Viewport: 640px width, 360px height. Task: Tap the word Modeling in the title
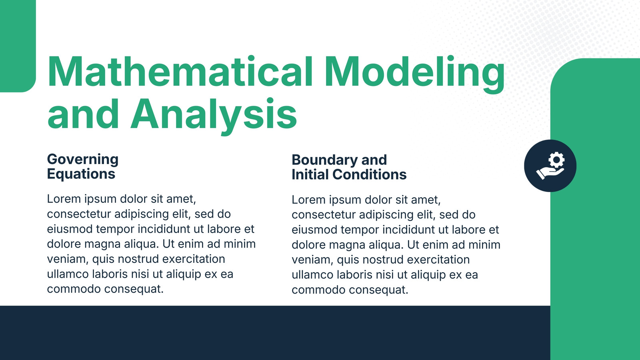coord(414,74)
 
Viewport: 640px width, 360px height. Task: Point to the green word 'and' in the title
coord(83,114)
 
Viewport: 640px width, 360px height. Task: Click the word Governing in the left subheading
coord(82,160)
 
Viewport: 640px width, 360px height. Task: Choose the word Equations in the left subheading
coord(81,174)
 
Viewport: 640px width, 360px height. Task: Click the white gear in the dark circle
coord(556,160)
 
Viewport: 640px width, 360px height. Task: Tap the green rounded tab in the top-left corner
coord(18,46)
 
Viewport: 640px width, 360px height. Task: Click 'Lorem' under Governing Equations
coord(64,199)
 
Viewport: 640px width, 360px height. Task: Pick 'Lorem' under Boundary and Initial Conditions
coord(308,200)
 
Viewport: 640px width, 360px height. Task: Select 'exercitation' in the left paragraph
coord(194,259)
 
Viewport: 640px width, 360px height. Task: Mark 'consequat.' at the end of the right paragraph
coord(378,290)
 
